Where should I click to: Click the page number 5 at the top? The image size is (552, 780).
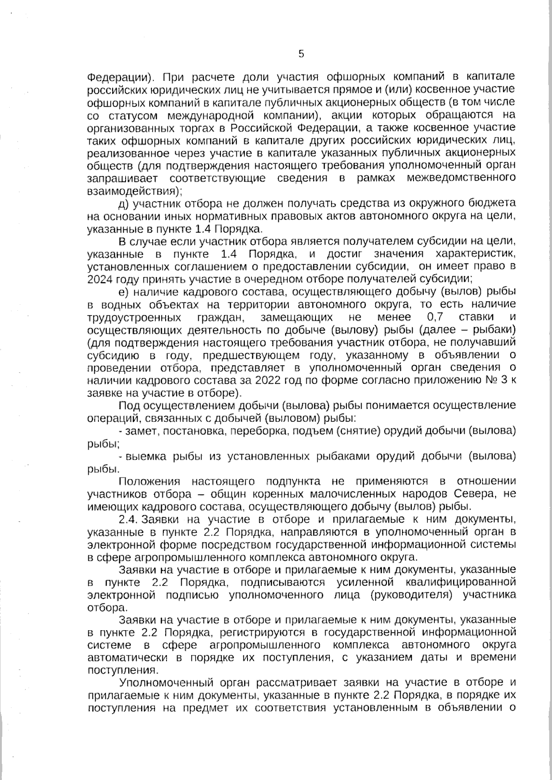click(301, 54)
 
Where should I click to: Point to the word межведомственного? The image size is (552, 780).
click(461, 178)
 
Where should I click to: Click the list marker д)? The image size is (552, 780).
click(124, 203)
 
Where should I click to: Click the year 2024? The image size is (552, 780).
click(102, 279)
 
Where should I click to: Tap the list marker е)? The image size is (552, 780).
click(124, 292)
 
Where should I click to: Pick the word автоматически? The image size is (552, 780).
click(127, 657)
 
